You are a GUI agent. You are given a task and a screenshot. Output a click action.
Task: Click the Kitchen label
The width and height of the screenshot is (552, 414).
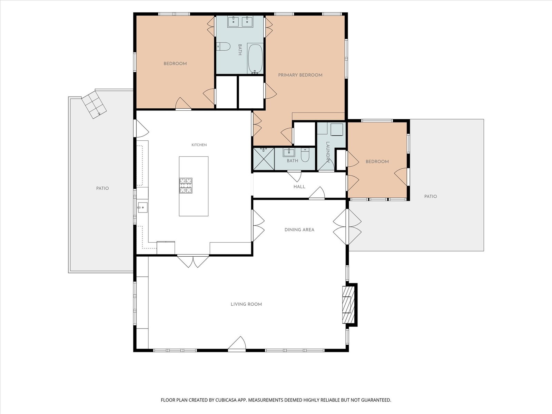coord(199,145)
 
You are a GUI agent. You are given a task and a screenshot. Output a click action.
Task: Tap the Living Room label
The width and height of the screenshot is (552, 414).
coord(246,304)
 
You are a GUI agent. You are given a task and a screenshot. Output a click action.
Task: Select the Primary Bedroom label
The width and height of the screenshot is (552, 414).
coord(300,75)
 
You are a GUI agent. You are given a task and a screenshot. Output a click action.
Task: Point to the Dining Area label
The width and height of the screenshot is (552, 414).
coord(299,229)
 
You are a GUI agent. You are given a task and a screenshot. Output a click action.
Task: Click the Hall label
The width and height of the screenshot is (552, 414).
coord(299,187)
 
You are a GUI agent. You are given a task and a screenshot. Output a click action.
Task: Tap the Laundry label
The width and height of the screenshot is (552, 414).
coord(328,152)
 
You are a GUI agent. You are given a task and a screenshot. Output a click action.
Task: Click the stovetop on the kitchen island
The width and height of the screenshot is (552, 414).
coord(186,186)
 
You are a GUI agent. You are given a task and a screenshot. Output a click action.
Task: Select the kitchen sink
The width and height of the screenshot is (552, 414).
coord(142,207)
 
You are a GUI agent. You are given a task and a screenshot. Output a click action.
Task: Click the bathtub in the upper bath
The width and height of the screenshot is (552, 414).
coord(255,59)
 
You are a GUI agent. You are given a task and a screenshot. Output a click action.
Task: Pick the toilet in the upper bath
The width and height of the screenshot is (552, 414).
coord(223,47)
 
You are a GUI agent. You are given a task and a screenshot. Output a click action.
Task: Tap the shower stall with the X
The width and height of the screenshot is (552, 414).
coord(264,159)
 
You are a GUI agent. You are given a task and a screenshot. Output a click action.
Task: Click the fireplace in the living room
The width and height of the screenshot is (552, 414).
coord(348,305)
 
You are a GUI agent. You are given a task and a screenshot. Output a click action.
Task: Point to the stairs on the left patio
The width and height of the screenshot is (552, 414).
coord(94,104)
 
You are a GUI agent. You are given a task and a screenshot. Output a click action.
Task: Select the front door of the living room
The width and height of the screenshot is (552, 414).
coord(237,343)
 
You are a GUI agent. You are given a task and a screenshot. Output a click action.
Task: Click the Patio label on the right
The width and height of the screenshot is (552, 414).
coord(431,196)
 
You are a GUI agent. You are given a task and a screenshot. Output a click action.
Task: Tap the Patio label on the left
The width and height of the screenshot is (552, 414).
coord(102,188)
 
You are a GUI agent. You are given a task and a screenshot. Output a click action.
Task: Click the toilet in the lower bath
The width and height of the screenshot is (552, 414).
coord(305,155)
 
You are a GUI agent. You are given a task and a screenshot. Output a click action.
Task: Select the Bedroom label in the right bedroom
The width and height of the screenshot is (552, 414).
coord(377,161)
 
